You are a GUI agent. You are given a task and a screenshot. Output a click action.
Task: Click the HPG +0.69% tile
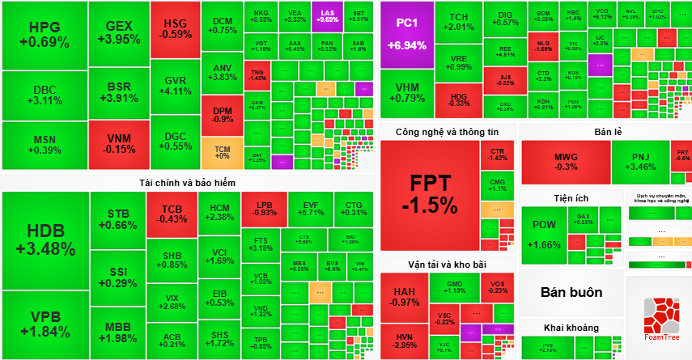click(x=44, y=35)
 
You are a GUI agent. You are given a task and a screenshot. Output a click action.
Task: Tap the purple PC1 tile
click(x=407, y=34)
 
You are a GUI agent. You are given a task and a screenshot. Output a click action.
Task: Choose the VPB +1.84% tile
click(x=45, y=324)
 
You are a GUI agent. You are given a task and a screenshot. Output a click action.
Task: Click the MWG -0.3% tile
click(x=565, y=162)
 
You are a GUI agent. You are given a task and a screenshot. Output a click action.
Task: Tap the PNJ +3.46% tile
click(x=640, y=162)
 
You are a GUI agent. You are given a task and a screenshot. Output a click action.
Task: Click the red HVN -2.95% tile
click(x=404, y=340)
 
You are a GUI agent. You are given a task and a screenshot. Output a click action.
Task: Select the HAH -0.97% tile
click(x=404, y=296)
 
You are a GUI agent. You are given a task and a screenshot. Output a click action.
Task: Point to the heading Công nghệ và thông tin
click(x=447, y=132)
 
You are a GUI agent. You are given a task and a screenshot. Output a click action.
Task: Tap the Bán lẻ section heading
click(x=605, y=132)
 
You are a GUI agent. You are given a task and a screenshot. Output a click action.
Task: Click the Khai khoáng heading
click(x=571, y=328)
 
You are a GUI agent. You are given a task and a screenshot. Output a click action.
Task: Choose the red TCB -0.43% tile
click(x=172, y=214)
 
